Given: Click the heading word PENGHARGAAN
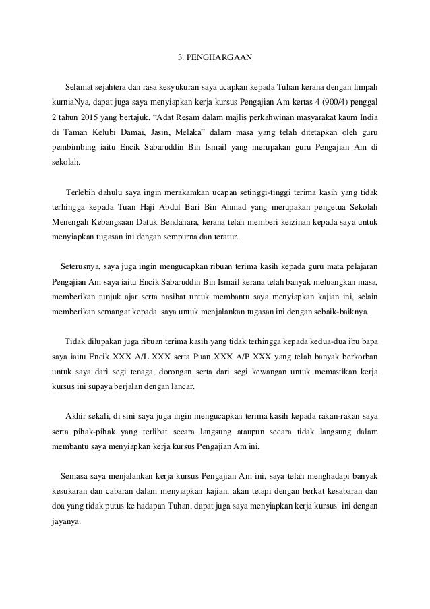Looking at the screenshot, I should [x=222, y=57].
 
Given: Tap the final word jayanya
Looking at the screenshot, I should [x=65, y=519].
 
